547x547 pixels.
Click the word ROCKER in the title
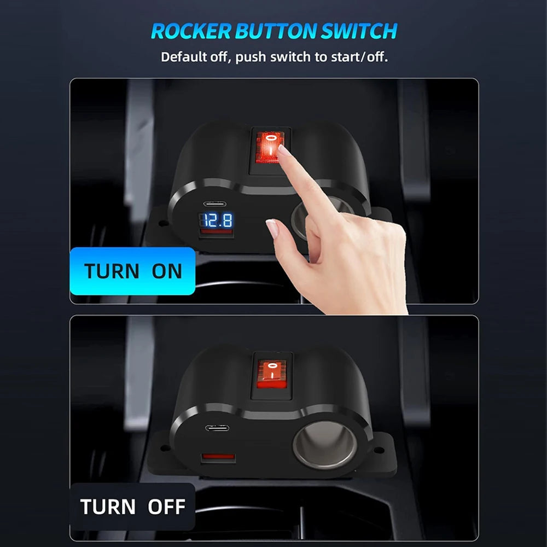click(191, 31)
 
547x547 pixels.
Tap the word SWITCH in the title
click(359, 31)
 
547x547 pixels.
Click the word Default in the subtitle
click(183, 56)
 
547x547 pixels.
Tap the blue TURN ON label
click(132, 271)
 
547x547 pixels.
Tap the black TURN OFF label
click(132, 507)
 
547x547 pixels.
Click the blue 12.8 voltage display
click(217, 220)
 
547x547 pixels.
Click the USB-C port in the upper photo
click(214, 203)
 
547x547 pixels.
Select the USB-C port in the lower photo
click(217, 428)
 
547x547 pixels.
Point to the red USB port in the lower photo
click(218, 456)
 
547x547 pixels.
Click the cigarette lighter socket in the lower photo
click(325, 444)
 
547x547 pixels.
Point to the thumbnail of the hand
click(272, 228)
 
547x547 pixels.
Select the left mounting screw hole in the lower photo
click(163, 447)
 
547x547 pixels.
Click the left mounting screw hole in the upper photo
click(161, 223)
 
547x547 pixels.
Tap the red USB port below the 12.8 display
click(216, 231)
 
